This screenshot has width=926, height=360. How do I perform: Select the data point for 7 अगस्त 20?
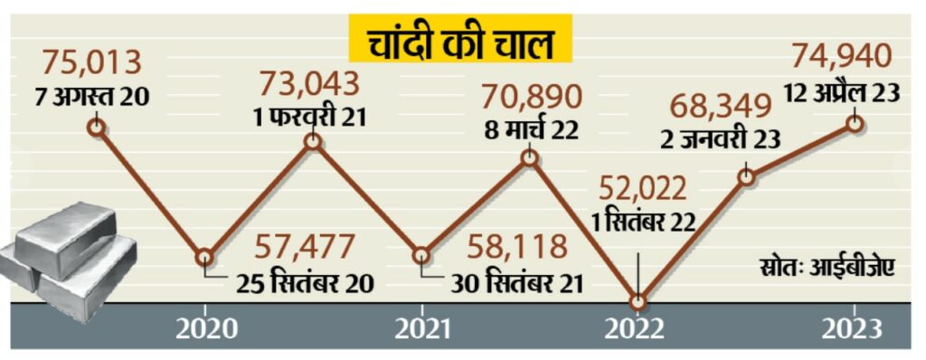click(x=97, y=127)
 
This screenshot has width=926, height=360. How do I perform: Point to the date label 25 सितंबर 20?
click(x=306, y=283)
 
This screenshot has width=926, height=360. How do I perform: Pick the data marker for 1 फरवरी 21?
click(x=314, y=141)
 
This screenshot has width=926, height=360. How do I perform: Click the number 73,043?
click(x=310, y=84)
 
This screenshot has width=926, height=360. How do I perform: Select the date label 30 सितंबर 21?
click(x=516, y=283)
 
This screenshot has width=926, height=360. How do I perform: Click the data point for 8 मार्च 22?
click(x=530, y=157)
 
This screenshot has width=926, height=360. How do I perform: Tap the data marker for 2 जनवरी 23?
click(x=746, y=176)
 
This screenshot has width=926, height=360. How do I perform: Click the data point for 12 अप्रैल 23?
click(x=854, y=124)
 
